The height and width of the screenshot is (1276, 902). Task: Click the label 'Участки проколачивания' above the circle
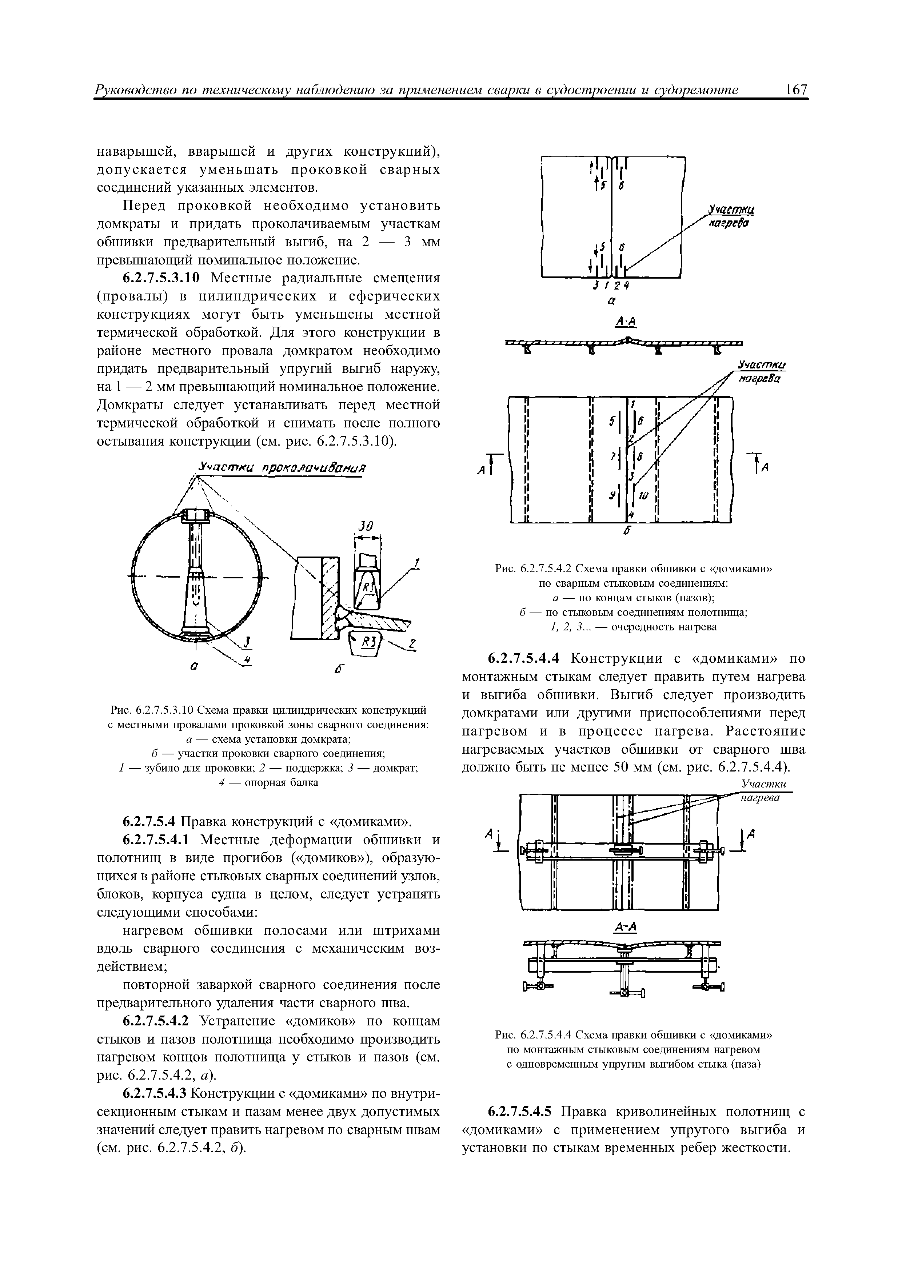283,468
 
